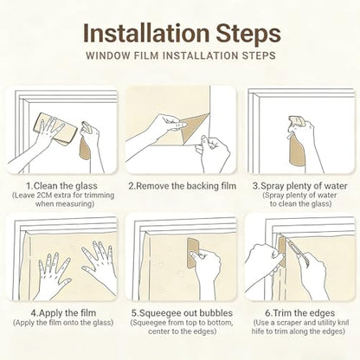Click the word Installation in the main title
pos(146,33)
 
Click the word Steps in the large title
pos(248,35)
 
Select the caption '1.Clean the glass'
pos(61,186)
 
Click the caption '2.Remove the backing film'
pos(183,186)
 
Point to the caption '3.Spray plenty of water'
pos(300,186)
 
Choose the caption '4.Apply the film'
pos(63,313)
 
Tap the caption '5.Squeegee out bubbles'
pos(182,313)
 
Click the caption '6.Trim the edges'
pos(300,313)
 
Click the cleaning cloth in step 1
pos(55,129)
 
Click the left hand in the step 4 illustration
pos(55,273)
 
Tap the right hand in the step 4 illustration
pos(100,267)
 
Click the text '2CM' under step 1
pos(45,196)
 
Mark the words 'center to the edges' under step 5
pos(183,331)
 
